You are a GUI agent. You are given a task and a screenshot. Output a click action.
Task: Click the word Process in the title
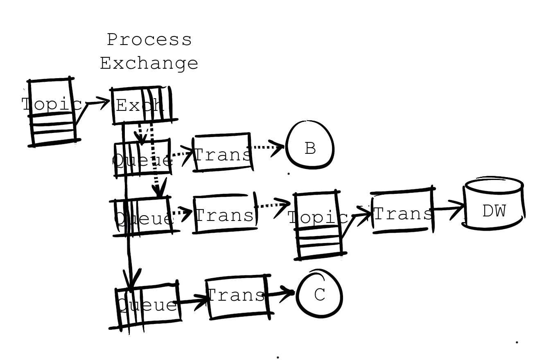[149, 40]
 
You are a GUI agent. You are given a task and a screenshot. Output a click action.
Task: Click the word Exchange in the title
[149, 63]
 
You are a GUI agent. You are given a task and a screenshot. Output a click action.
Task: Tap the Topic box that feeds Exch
[52, 111]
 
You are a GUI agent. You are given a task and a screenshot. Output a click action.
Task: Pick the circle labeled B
[310, 145]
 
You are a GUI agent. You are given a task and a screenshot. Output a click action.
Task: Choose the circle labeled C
[319, 294]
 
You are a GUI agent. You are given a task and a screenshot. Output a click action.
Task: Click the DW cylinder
[493, 205]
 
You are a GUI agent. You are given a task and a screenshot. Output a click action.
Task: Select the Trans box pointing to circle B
[222, 152]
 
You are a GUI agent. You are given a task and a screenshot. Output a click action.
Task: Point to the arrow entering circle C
[282, 293]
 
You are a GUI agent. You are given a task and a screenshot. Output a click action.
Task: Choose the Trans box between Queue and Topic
[224, 214]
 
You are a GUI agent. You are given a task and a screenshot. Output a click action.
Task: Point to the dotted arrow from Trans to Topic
[274, 205]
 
